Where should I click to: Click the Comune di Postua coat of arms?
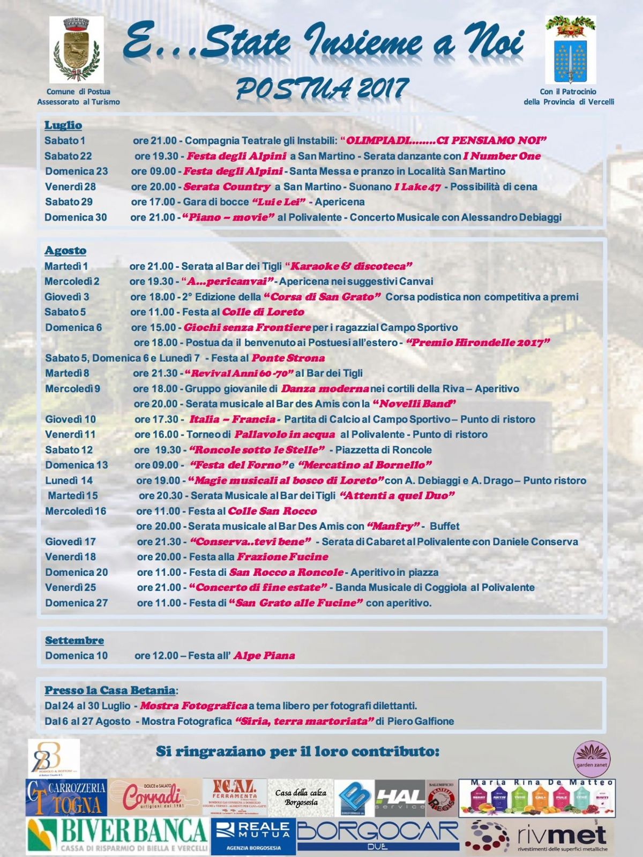point(77,49)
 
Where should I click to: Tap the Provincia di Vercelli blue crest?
point(570,49)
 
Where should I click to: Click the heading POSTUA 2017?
point(322,88)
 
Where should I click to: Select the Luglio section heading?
point(63,125)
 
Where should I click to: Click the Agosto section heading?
point(65,251)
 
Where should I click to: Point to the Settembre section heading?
point(74,641)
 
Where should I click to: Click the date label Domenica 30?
point(76,217)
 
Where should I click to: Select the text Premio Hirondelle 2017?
point(478,343)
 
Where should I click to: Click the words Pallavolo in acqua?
point(285,434)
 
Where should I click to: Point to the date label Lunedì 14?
point(69,480)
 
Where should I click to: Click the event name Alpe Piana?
point(264,656)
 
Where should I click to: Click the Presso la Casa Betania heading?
point(110,690)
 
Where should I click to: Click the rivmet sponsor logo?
point(539,836)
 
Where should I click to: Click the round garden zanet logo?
point(592,759)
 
